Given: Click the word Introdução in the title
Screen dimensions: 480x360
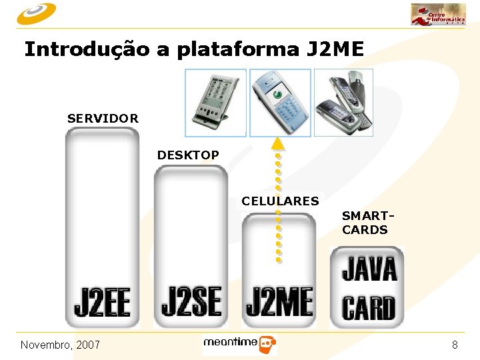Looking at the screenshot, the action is click(86, 50).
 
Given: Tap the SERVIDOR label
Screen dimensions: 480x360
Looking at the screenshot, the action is click(103, 119).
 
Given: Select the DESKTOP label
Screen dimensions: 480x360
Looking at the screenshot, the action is click(188, 155).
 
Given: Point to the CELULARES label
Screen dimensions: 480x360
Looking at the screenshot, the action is click(280, 201).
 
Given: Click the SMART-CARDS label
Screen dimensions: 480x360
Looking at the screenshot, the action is click(365, 223).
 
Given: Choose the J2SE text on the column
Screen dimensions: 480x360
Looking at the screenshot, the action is click(191, 301).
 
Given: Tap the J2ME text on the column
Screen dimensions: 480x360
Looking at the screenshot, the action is click(279, 301).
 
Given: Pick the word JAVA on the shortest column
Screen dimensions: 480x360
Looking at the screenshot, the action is click(369, 269).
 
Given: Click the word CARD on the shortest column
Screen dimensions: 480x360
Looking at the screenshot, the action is click(369, 308).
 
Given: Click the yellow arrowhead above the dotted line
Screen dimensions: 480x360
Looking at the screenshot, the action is click(278, 143).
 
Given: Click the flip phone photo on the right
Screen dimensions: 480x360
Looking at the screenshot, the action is click(343, 102).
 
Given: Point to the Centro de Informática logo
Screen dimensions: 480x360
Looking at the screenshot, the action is click(438, 15).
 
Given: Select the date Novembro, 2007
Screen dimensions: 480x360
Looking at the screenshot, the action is click(60, 345).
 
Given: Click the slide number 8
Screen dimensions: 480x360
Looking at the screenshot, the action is click(455, 345).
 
